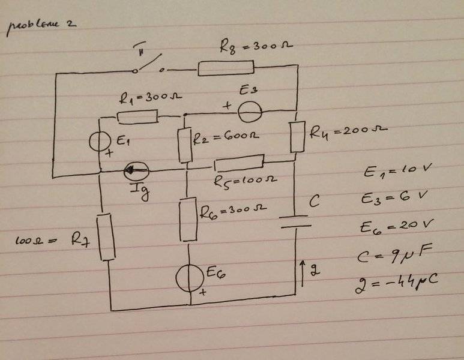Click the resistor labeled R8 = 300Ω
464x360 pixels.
[x=221, y=68]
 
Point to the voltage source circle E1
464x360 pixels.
[x=100, y=142]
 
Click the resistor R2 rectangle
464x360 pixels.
[x=185, y=144]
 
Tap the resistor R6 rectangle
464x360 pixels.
[x=189, y=218]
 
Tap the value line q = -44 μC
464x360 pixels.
[x=395, y=279]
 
